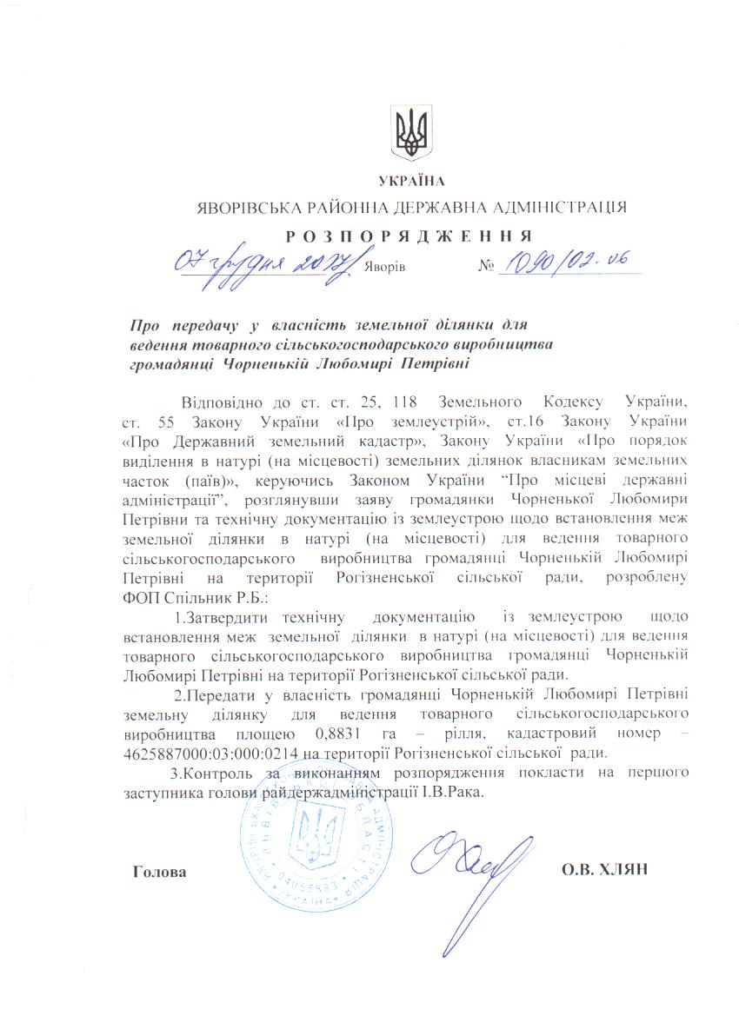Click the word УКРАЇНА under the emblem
coord(411,181)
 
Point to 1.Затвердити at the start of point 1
coord(223,617)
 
